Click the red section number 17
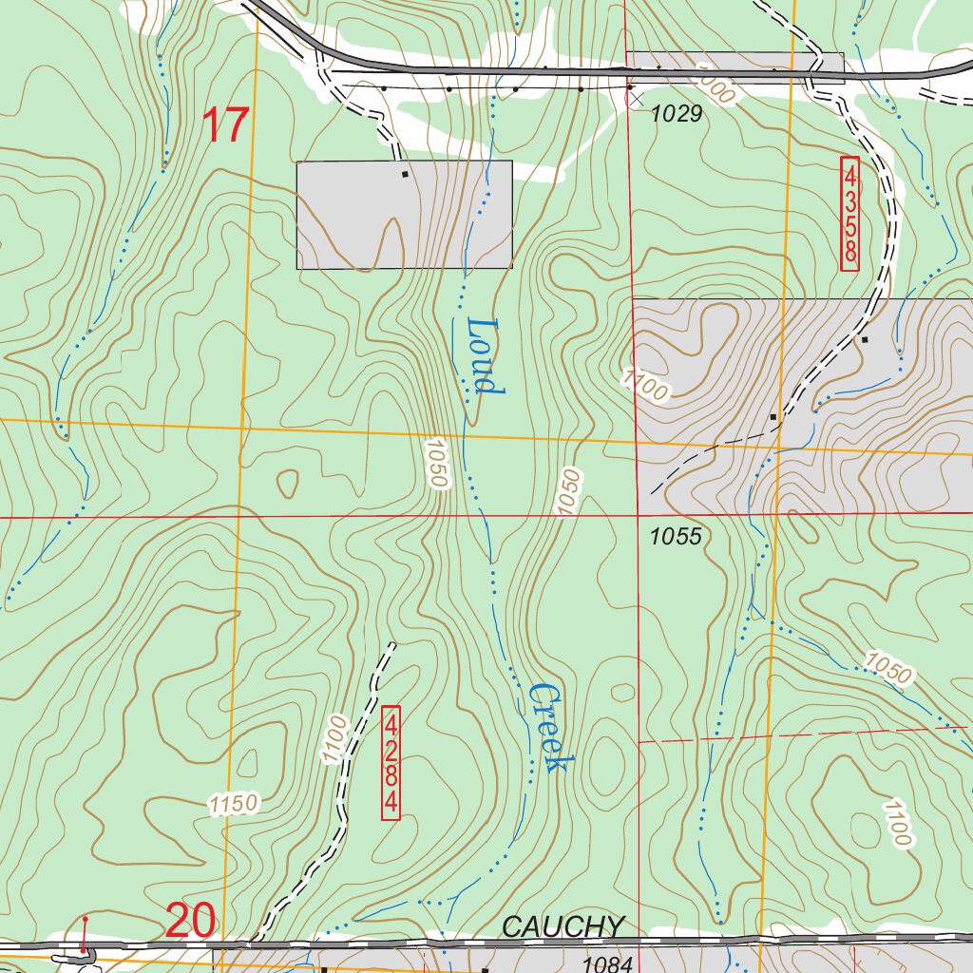(226, 125)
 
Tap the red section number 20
(190, 920)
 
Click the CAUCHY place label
(563, 926)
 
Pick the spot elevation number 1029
(676, 114)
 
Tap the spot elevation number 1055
(676, 537)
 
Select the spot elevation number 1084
(607, 964)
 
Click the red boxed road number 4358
(849, 214)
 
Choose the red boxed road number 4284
(391, 762)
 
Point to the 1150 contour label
(234, 805)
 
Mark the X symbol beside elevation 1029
(636, 96)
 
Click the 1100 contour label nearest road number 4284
(332, 739)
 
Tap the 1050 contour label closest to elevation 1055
(567, 492)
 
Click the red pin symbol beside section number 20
(85, 935)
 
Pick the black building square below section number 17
(406, 174)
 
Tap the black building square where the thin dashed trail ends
(773, 416)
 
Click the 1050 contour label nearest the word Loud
(435, 463)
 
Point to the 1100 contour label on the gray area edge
(646, 384)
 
